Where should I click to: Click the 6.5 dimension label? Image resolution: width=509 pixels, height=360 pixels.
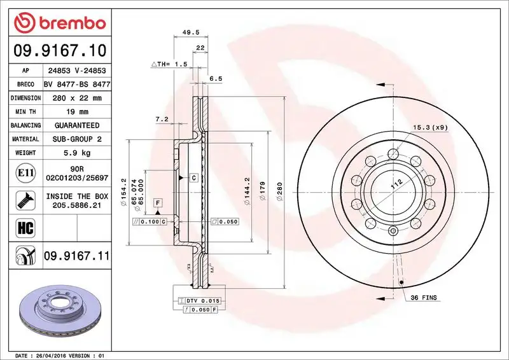point(215,79)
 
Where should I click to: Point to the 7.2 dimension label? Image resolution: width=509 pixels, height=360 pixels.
point(162,119)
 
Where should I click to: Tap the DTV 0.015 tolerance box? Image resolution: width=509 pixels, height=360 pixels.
point(199,300)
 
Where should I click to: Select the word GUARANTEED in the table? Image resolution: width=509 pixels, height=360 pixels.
point(76,125)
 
